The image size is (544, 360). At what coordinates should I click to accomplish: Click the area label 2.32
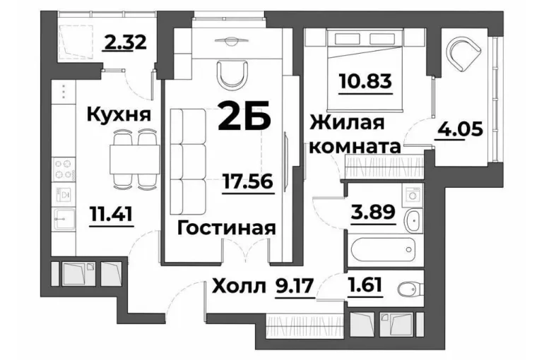point(124,42)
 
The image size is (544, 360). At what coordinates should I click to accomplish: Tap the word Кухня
point(119,114)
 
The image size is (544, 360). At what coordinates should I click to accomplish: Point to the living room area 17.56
point(249,181)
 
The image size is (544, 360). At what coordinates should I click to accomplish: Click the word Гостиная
point(227,229)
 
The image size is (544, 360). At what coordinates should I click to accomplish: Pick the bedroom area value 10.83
point(366,80)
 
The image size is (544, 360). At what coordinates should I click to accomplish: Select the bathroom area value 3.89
point(373,212)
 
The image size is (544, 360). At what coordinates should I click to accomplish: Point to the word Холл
point(239,287)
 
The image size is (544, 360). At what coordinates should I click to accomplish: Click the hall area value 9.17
point(294,287)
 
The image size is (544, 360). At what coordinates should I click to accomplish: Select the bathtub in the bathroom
point(383,249)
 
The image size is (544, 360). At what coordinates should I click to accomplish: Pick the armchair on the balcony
point(464,53)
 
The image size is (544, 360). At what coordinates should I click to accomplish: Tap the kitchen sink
point(64,220)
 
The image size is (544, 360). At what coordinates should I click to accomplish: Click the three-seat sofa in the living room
point(188,162)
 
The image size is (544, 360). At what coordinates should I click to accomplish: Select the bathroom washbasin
point(413,221)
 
